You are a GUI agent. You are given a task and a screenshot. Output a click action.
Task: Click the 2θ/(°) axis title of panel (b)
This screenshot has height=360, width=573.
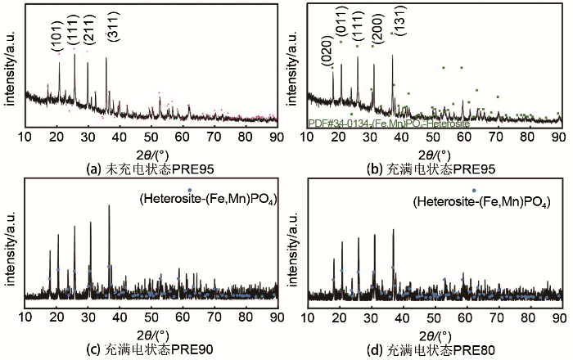pyautogui.click(x=433, y=154)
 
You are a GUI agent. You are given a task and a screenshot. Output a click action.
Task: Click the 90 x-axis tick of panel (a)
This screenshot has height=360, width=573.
pyautogui.click(x=276, y=137)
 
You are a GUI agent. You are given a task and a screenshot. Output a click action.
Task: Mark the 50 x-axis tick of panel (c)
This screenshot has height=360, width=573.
pyautogui.click(x=151, y=317)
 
